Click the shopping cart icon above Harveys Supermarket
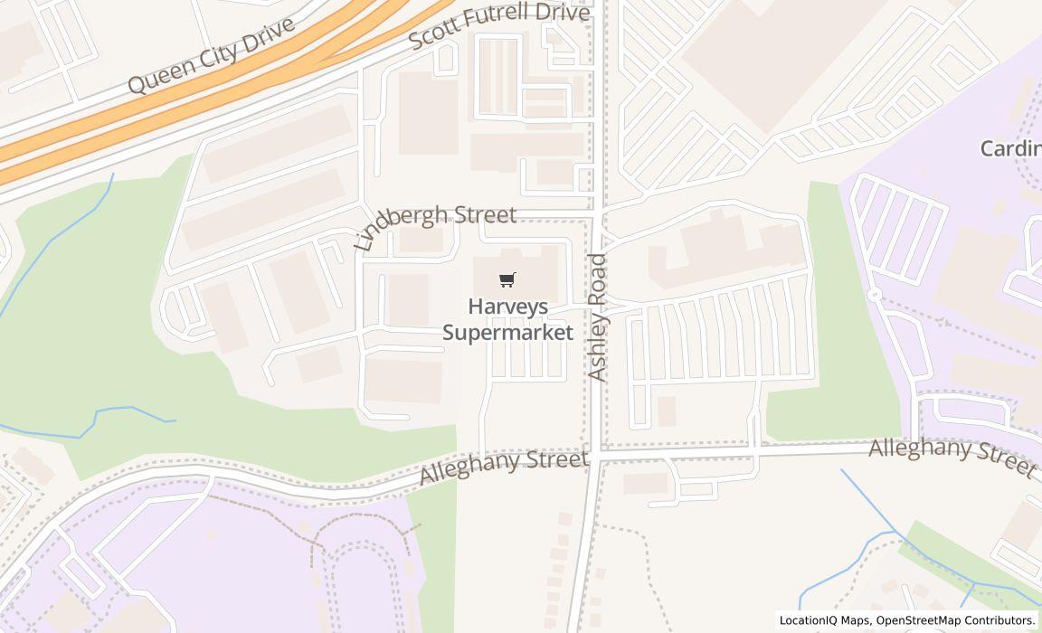(507, 280)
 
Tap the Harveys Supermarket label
(507, 319)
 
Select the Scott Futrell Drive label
(499, 26)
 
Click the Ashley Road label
(598, 316)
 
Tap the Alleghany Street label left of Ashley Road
(505, 468)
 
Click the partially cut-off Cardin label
(1011, 148)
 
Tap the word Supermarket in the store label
(507, 333)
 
